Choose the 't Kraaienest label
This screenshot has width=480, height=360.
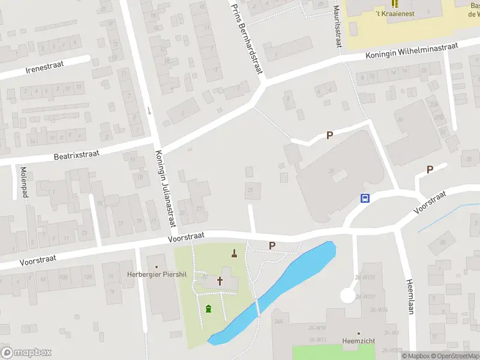pos(394,13)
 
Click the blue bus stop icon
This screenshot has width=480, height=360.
pos(364,199)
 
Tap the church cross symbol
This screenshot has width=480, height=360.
pos(220,280)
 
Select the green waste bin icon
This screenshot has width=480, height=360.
pos(208,309)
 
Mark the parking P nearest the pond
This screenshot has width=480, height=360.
pos(272,245)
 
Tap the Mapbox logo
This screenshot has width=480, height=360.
pos(26,353)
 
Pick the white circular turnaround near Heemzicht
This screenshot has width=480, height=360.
pos(347,295)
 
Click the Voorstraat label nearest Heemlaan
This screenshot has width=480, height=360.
pos(431,203)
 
